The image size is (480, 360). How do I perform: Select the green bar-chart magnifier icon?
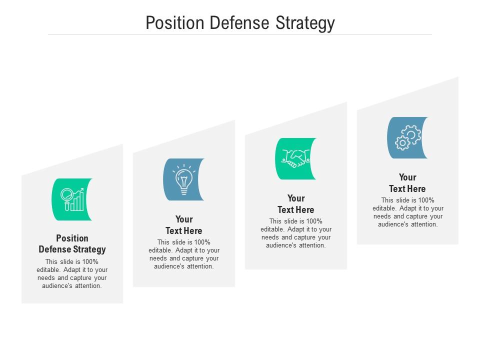coord(72,199)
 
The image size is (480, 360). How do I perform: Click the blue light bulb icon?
coord(183,179)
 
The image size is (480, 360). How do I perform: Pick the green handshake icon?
coord(295,158)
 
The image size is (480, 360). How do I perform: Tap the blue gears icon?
coord(407,137)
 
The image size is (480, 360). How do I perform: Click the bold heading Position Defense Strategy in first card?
coord(72,243)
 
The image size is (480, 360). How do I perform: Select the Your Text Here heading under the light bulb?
coord(184,225)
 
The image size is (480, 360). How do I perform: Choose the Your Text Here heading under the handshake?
coord(296,204)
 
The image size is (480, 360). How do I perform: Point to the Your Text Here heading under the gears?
coord(407,183)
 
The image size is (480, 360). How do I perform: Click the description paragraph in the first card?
coord(72,274)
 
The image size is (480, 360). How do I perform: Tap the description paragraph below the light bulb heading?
coord(184,254)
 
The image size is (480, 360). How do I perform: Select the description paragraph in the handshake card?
coord(296,233)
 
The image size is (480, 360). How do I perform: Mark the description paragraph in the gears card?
coord(407,212)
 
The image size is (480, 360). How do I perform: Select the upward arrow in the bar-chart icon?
coord(78,191)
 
